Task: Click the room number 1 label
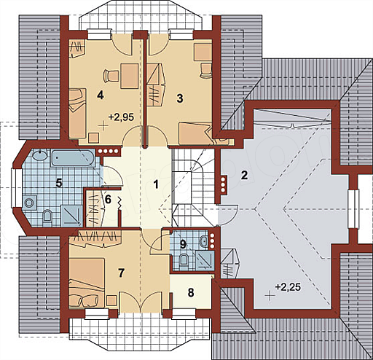pyautogui.click(x=156, y=184)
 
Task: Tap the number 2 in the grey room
pyautogui.click(x=244, y=175)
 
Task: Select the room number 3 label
pyautogui.click(x=180, y=98)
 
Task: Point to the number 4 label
pyautogui.click(x=100, y=95)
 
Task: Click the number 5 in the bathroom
pyautogui.click(x=59, y=183)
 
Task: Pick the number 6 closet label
pyautogui.click(x=108, y=200)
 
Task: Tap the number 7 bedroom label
pyautogui.click(x=121, y=273)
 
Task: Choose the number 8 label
pyautogui.click(x=191, y=293)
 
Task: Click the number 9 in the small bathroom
pyautogui.click(x=183, y=244)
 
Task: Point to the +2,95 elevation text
pyautogui.click(x=121, y=117)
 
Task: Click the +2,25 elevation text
pyautogui.click(x=288, y=287)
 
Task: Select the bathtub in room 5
pyautogui.click(x=72, y=158)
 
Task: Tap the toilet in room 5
pyautogui.click(x=47, y=216)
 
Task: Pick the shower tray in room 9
pyautogui.click(x=205, y=261)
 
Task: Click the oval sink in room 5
pyautogui.click(x=40, y=155)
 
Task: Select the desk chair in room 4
pyautogui.click(x=109, y=76)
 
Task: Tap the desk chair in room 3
pyautogui.click(x=205, y=70)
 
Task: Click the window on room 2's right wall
pyautogui.click(x=353, y=209)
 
